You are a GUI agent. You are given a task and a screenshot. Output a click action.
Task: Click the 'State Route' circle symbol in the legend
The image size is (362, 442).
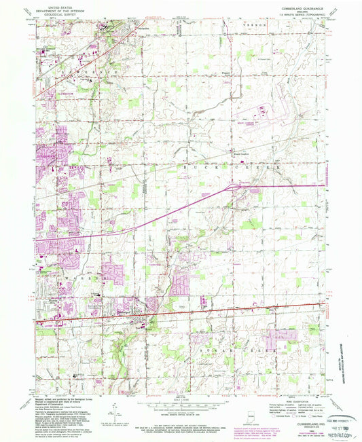tap(319, 416)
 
